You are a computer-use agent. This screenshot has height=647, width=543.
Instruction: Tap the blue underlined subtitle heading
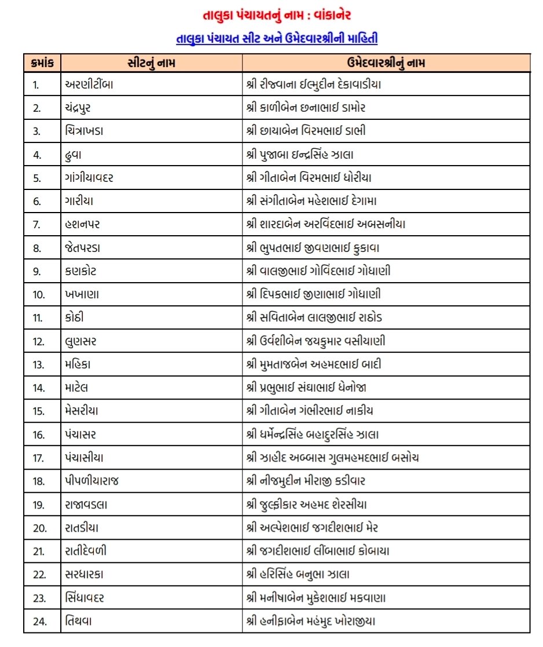pos(277,39)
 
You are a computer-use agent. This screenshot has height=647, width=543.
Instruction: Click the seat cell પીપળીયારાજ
pos(93,481)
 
